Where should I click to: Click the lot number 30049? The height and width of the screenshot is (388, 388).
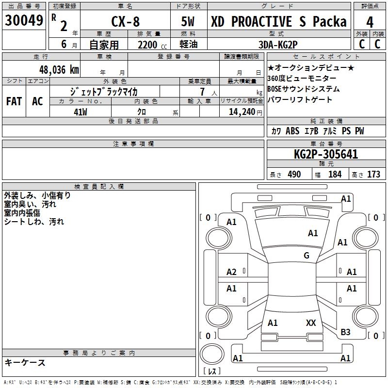click(24, 21)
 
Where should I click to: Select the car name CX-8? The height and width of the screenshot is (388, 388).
click(125, 22)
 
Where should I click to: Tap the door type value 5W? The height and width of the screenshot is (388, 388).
click(189, 22)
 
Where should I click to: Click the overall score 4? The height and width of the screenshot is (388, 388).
click(370, 22)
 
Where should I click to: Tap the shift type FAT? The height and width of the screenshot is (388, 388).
click(14, 101)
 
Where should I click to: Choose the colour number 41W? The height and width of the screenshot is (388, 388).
click(80, 112)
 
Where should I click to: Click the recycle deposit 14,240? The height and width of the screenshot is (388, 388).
click(239, 112)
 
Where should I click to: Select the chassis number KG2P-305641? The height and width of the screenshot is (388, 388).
click(326, 154)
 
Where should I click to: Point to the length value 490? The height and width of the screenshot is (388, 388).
click(294, 174)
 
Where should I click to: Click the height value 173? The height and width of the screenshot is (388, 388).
click(373, 174)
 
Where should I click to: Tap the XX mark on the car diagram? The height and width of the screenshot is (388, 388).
click(311, 323)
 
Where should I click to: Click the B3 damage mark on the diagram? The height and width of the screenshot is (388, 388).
click(345, 332)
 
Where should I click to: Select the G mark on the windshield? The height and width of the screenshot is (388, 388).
click(307, 255)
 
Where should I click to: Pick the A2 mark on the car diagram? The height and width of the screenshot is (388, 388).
click(232, 272)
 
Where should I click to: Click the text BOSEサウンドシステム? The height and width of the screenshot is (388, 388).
click(303, 89)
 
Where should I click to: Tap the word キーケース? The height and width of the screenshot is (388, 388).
click(25, 362)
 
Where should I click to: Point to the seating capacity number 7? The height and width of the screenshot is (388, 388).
click(202, 92)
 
